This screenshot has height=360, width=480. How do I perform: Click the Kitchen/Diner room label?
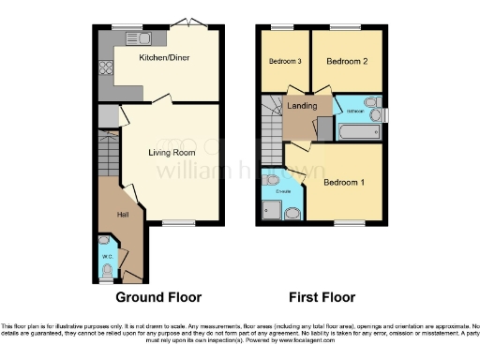pos(160,58)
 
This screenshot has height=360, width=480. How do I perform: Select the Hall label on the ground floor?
pos(122,215)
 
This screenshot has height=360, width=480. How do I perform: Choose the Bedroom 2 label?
pos(346,61)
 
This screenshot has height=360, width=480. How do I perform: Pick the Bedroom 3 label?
pos(285,61)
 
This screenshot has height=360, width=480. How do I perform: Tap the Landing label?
pos(302,106)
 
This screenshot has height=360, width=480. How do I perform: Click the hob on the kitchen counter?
pos(105,67)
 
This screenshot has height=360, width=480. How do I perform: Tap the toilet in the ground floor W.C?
pos(106,270)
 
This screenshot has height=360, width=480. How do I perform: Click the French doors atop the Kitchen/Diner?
pos(193,25)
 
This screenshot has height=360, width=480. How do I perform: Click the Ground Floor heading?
pos(158,297)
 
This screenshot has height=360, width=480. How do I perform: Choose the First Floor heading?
pos(322,297)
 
